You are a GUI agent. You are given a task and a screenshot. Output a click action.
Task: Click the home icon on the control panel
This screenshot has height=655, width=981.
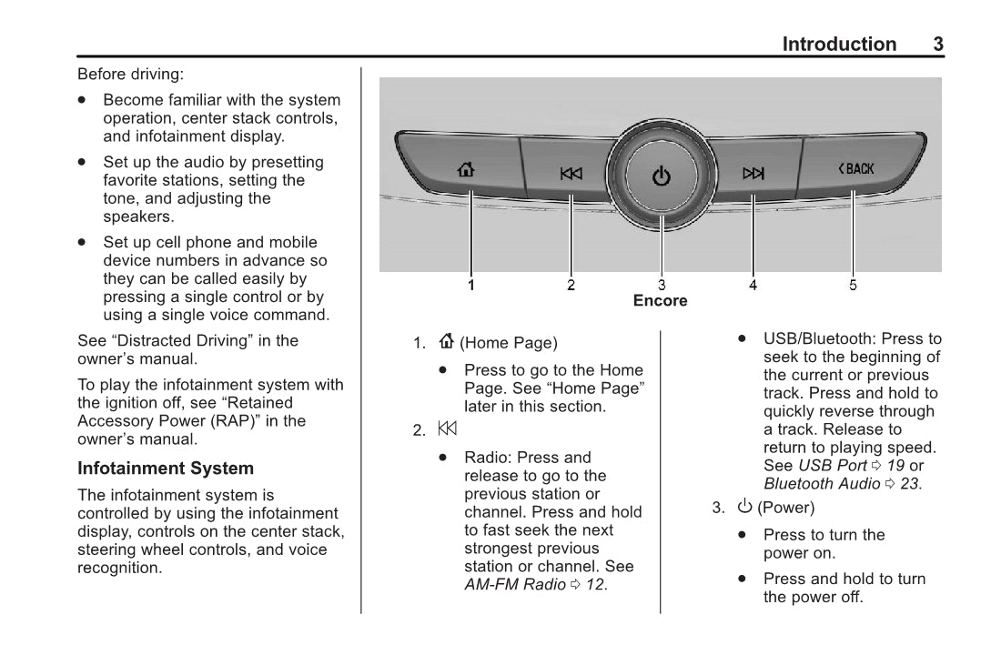click(x=466, y=169)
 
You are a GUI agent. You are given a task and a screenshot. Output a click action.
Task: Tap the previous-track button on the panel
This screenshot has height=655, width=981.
click(x=571, y=174)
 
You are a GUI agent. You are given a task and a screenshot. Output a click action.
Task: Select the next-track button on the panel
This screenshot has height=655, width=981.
click(x=753, y=173)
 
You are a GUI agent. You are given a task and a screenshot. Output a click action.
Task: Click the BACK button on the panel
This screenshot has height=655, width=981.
click(x=856, y=168)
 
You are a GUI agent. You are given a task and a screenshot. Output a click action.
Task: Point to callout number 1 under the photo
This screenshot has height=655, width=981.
click(x=471, y=286)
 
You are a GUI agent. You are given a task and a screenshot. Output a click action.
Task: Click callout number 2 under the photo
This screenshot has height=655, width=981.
click(x=571, y=286)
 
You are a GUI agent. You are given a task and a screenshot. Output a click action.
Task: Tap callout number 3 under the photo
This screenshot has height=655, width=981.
click(x=662, y=286)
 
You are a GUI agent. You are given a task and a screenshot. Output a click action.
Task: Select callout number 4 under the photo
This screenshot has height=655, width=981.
click(x=753, y=286)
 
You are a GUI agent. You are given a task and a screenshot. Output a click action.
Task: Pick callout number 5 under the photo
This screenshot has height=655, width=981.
click(x=853, y=286)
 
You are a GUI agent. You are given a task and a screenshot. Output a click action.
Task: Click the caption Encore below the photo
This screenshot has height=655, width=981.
click(x=661, y=301)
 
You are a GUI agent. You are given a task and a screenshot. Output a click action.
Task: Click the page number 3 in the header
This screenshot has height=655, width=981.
click(x=938, y=45)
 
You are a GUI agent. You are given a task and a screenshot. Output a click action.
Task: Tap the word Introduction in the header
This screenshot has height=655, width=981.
click(x=839, y=45)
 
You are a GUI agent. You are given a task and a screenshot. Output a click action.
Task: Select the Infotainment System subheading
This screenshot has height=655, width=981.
click(x=166, y=469)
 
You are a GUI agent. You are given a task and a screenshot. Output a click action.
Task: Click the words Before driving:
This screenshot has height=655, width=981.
click(x=130, y=74)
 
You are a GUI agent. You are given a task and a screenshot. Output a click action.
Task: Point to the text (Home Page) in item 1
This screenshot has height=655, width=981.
click(x=509, y=343)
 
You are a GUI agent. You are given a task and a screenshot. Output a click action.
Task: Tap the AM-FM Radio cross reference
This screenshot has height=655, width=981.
click(x=515, y=585)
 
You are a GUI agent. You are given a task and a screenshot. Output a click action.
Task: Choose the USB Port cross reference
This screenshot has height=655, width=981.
click(x=832, y=466)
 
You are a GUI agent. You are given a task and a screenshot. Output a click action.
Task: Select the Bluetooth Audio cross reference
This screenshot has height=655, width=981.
click(x=822, y=484)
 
